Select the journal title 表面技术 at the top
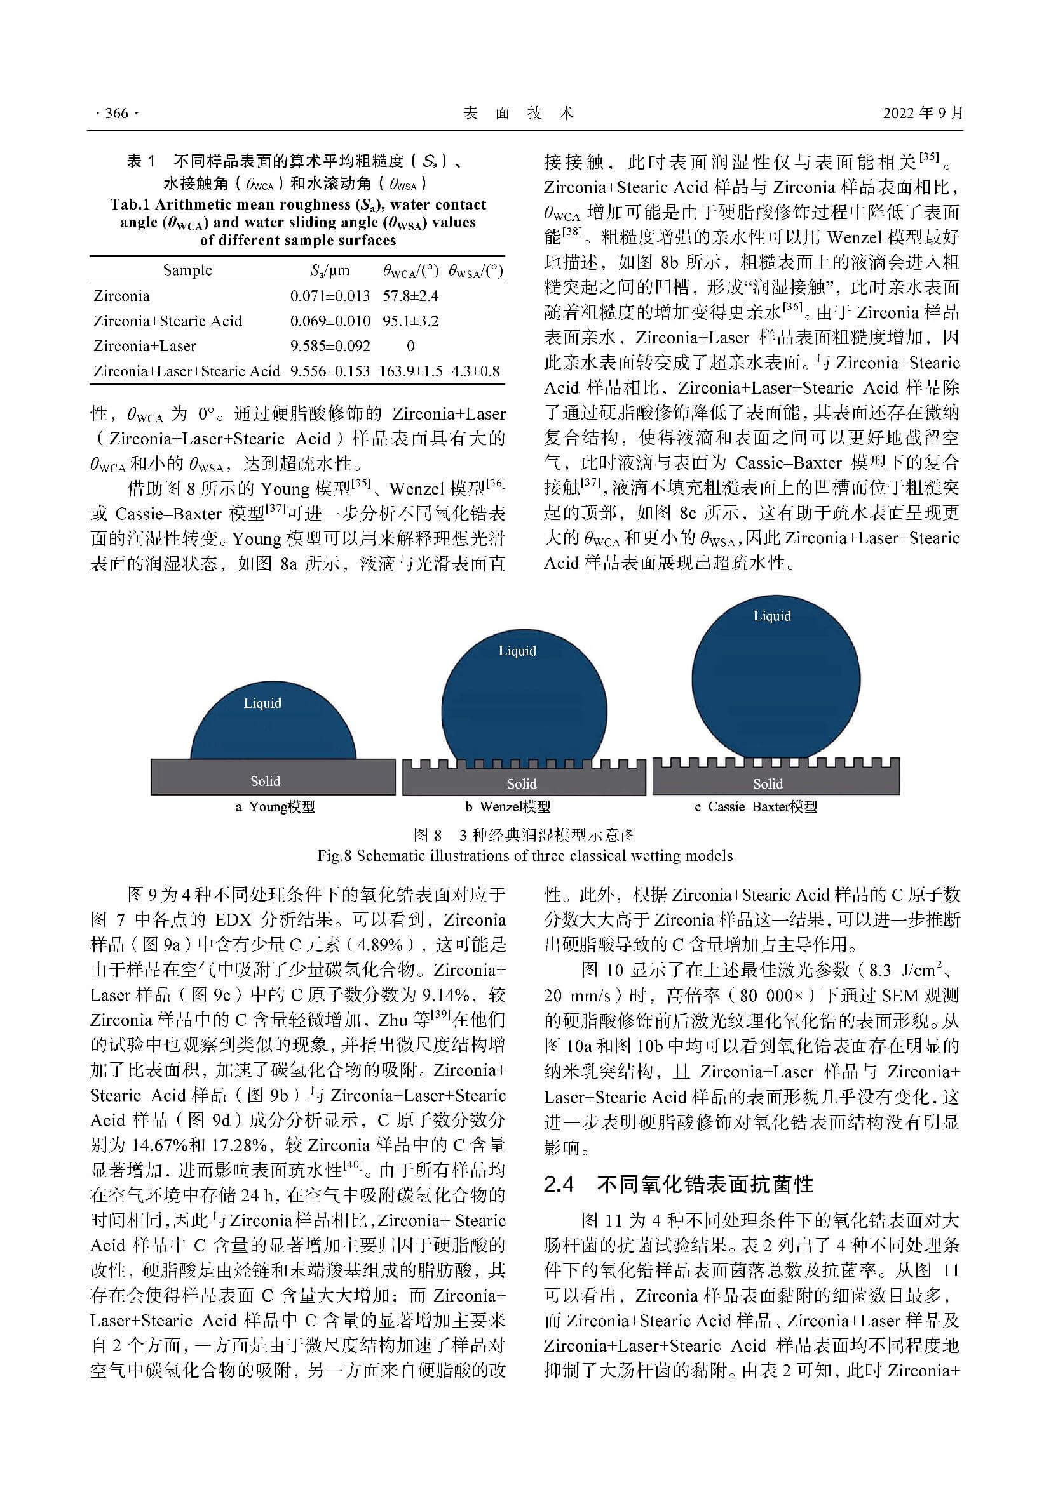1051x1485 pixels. click(x=519, y=114)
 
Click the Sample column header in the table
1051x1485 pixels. click(x=187, y=270)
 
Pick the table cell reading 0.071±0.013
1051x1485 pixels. click(x=330, y=296)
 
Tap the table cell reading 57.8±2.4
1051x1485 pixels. click(x=410, y=296)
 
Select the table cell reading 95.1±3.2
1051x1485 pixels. click(x=410, y=321)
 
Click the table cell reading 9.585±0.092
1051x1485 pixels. click(x=330, y=346)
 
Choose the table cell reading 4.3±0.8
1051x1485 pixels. click(x=476, y=371)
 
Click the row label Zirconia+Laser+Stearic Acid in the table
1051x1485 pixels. click(x=186, y=371)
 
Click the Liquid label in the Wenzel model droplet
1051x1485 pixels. click(x=517, y=651)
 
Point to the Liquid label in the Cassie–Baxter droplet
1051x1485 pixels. click(x=772, y=616)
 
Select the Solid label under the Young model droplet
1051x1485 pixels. click(x=266, y=782)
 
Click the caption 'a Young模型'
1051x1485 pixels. click(x=275, y=807)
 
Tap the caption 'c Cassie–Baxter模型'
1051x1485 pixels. click(x=756, y=807)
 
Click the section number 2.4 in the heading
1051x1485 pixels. click(x=559, y=1184)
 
